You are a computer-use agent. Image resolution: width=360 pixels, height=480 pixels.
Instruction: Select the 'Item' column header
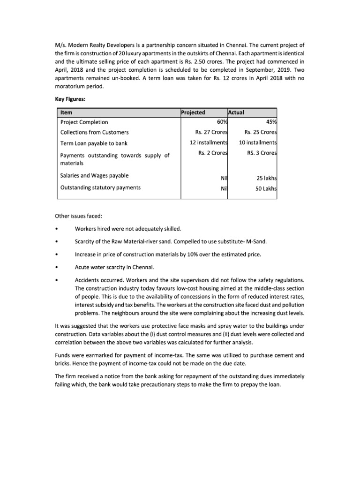pos(66,112)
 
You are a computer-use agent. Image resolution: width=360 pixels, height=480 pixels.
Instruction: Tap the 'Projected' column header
pos(193,112)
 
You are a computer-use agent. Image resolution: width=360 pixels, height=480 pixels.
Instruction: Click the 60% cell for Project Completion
pos(220,122)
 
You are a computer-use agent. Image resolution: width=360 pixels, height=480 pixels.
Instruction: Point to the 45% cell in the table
pos(270,122)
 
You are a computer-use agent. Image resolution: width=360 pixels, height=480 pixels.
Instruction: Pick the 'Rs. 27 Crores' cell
pos(211,132)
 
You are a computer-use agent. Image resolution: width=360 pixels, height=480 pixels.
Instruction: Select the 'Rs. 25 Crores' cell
pos(261,132)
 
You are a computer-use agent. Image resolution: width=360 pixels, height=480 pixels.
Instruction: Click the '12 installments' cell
pos(209,142)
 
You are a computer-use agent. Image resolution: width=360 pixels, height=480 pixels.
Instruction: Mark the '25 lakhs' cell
pos(266,179)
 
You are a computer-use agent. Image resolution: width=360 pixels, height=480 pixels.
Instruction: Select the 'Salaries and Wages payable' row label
pos(95,176)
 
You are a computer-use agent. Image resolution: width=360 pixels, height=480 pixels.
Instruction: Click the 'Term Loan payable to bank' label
pos(94,143)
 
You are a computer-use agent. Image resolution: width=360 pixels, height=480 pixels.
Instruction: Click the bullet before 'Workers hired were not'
pos(56,229)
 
